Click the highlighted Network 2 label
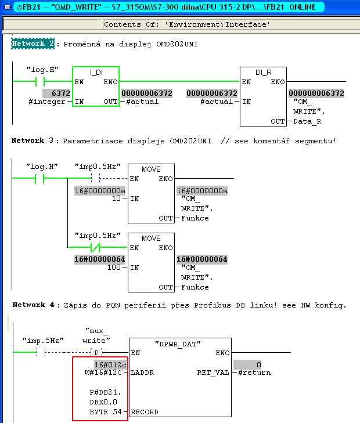[33, 44]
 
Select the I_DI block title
[96, 73]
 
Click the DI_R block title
[263, 73]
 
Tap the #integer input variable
[47, 102]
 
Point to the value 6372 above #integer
[60, 93]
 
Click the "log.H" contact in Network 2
[40, 81]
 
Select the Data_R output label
[307, 121]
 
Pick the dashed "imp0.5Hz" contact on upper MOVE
[96, 178]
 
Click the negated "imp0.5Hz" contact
[95, 247]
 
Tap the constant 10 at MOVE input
[116, 198]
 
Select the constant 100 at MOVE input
[114, 267]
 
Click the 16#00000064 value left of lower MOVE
[100, 259]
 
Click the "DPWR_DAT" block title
[178, 344]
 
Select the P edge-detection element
[96, 352]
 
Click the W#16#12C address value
[103, 373]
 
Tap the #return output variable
[254, 373]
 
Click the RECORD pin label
[145, 412]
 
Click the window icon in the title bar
[8, 8]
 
